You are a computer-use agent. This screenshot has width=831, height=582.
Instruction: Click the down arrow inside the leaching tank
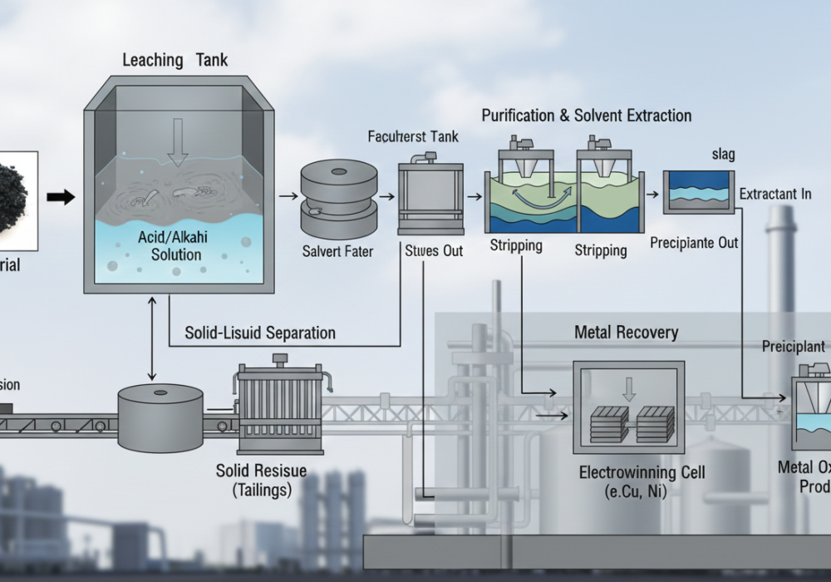[177, 141]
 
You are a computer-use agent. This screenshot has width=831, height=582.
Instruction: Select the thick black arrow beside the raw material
[61, 197]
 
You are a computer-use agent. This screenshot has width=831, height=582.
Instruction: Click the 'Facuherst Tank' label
[413, 136]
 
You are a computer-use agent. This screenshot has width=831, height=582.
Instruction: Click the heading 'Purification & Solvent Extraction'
[587, 116]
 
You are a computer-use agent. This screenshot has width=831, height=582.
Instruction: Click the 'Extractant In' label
[774, 195]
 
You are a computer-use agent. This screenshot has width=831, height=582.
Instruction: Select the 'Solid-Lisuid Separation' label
[260, 333]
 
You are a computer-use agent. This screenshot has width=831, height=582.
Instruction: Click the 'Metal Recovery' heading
[627, 333]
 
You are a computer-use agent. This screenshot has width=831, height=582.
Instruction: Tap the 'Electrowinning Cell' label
[642, 473]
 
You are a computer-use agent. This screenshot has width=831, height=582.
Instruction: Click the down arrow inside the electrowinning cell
[629, 388]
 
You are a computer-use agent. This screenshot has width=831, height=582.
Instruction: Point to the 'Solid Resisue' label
[261, 471]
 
